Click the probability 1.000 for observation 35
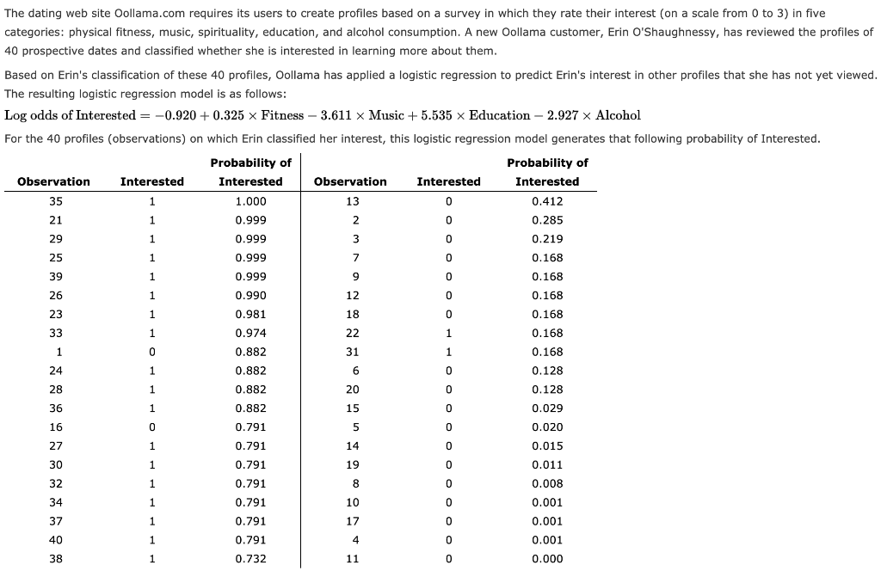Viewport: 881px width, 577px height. click(x=250, y=201)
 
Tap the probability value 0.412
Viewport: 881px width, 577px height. click(x=547, y=201)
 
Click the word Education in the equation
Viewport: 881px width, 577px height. click(x=500, y=115)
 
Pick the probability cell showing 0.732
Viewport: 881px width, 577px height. click(x=250, y=559)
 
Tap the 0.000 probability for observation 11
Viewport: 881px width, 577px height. click(x=547, y=559)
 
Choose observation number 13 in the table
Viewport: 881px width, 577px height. click(x=351, y=201)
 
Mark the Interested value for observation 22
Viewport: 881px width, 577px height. click(x=448, y=333)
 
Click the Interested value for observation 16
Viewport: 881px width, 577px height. click(x=151, y=427)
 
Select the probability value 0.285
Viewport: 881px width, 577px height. click(x=547, y=220)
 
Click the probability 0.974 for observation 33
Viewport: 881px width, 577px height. click(x=250, y=333)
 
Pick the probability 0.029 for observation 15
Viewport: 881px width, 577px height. click(x=547, y=408)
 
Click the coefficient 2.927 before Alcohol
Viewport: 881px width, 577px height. click(x=564, y=115)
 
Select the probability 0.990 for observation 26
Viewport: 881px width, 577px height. click(x=250, y=295)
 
